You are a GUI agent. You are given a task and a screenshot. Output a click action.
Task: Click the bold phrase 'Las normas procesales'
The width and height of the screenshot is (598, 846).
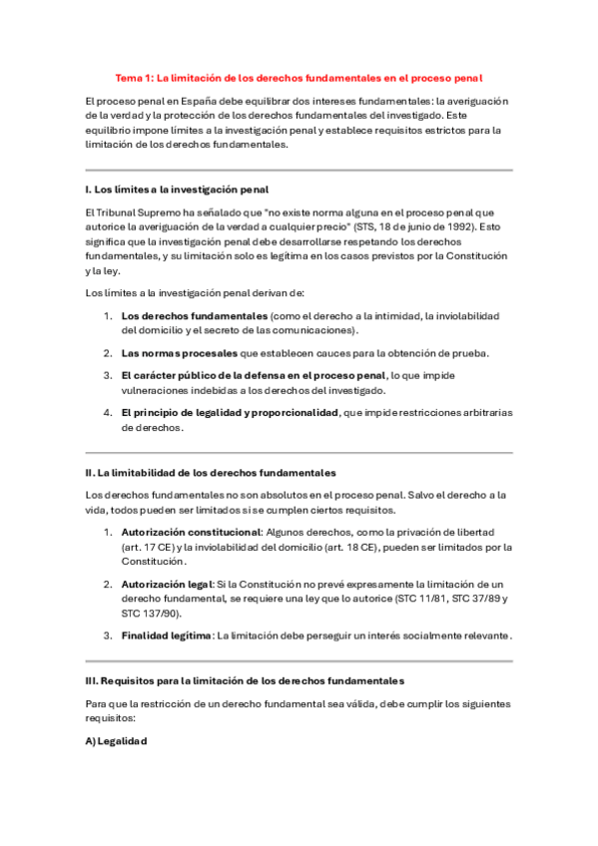pos(180,353)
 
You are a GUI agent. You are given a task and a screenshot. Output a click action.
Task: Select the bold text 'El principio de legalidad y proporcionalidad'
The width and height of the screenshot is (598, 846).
pos(230,412)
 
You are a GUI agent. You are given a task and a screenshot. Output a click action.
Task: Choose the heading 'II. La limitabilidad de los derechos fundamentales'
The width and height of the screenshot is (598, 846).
pos(211,471)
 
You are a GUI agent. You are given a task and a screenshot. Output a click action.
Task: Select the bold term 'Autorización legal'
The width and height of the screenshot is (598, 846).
pos(167,584)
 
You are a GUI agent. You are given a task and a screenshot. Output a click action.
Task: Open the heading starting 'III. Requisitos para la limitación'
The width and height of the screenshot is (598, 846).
pos(245,680)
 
